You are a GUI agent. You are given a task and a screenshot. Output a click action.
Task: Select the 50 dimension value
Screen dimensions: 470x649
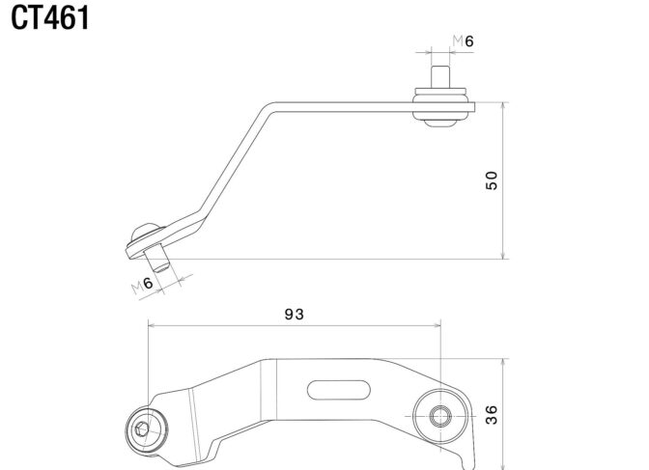[x=492, y=180]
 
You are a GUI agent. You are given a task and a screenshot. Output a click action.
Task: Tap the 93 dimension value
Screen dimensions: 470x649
[x=294, y=314]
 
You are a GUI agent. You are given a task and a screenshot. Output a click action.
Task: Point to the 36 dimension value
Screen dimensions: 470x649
[x=492, y=415]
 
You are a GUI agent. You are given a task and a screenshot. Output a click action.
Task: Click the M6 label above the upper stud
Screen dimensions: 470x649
[x=462, y=41]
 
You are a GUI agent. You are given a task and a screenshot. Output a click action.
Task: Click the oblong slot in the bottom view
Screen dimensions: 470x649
[x=338, y=389]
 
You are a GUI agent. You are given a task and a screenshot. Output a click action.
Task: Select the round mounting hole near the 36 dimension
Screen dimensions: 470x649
[x=438, y=417]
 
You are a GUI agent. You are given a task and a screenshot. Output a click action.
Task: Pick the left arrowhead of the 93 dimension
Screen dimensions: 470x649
[x=150, y=326]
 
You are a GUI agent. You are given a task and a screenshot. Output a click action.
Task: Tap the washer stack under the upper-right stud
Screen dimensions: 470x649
[x=441, y=106]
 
